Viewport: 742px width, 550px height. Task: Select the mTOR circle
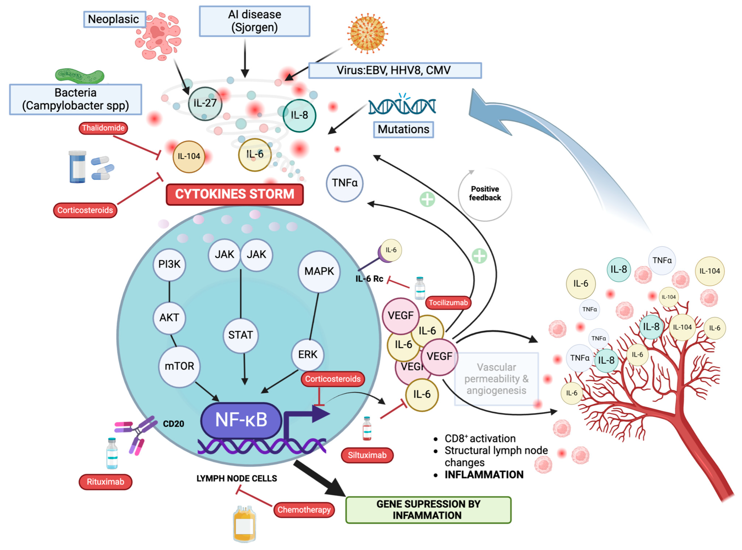click(179, 366)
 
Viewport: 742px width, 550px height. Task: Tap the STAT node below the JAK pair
click(240, 335)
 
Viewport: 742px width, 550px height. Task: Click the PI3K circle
click(169, 264)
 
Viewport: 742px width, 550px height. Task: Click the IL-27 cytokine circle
click(205, 103)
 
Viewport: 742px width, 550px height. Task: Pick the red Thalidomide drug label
click(103, 128)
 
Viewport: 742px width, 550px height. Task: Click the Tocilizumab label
click(448, 303)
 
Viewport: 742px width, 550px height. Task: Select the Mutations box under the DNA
click(403, 129)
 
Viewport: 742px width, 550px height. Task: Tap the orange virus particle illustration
click(367, 33)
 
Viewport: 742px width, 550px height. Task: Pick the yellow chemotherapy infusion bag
click(244, 524)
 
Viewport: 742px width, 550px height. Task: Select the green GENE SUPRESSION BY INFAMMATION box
click(428, 510)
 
